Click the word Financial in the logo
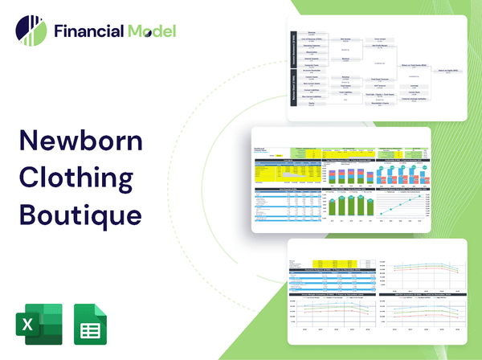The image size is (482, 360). coord(88,32)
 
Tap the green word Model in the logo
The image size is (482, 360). coord(150,32)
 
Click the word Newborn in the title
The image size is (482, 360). coord(80,143)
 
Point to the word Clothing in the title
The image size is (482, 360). coord(79,179)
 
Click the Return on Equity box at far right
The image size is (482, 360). coord(451,70)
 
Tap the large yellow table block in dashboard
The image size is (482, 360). coord(280,171)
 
